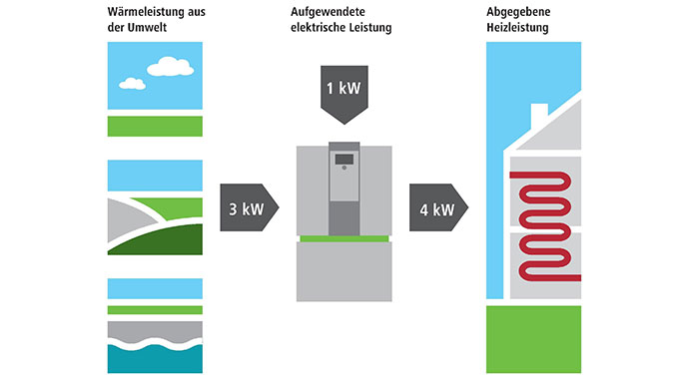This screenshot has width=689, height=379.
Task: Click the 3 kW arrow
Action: [x=246, y=209]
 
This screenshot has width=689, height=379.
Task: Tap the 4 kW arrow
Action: [x=436, y=209]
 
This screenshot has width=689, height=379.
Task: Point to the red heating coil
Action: [x=544, y=224]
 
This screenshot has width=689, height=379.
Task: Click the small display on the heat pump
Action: [x=344, y=160]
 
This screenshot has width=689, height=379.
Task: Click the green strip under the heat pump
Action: [x=344, y=238]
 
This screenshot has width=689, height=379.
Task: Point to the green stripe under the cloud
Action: [x=154, y=125]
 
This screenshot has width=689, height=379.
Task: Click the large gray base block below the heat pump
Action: [x=344, y=273]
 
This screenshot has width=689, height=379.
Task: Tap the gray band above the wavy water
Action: [x=154, y=329]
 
